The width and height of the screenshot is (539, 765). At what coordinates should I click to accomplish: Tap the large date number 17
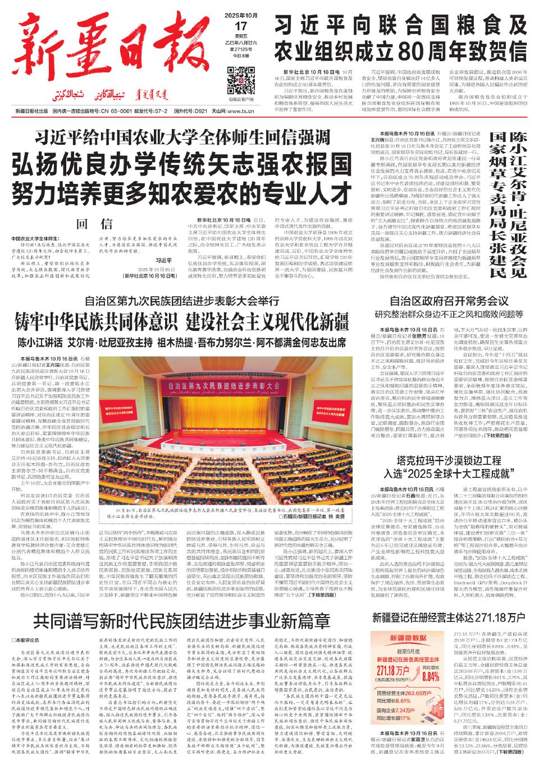[241, 27]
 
